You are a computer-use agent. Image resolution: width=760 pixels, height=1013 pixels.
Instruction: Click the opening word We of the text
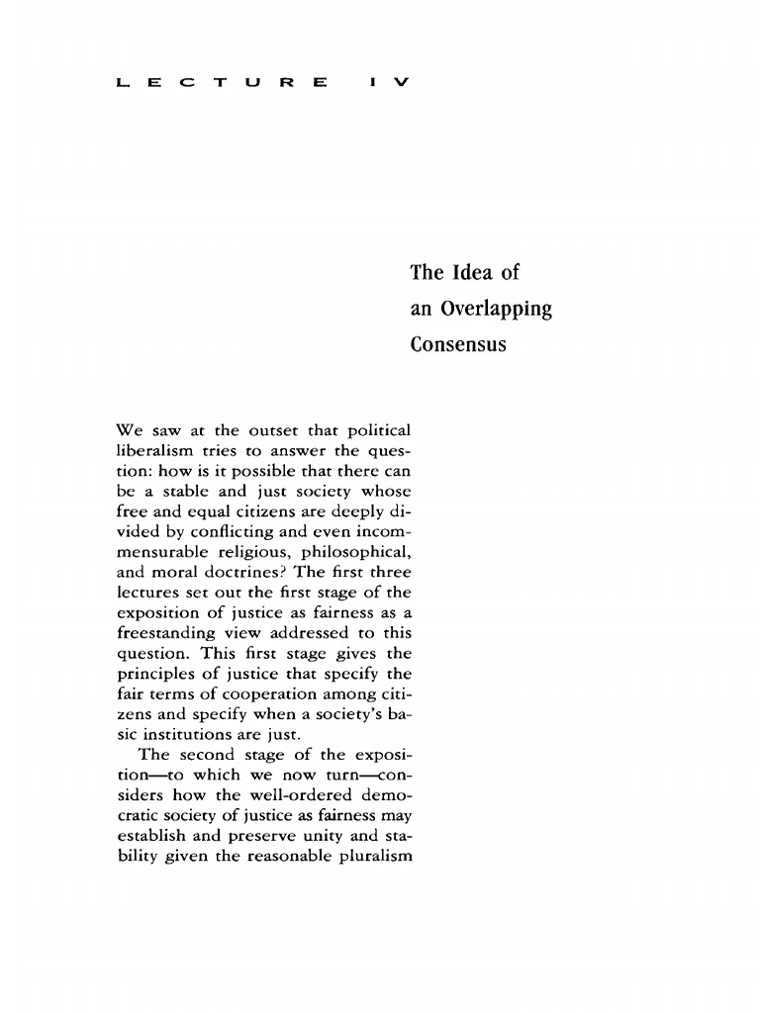pos(131,430)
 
